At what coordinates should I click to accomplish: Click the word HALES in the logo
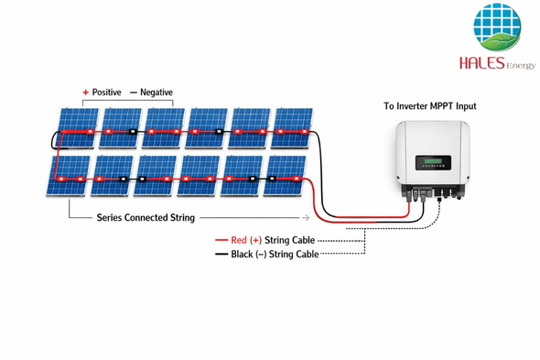481,63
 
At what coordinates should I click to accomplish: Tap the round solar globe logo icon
497,27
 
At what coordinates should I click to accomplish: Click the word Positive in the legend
107,93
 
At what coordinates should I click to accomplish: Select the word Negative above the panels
157,93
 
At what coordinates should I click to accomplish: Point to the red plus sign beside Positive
86,93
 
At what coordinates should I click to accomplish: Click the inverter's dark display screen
433,162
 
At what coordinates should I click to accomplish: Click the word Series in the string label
109,218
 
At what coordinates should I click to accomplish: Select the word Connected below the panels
146,218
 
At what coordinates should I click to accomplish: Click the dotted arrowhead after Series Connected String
306,218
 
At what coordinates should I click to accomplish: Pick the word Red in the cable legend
239,240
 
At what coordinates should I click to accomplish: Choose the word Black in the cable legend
242,254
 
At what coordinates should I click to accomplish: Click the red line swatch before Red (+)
221,240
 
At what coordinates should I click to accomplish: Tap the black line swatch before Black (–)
221,255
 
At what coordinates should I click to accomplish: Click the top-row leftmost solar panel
76,128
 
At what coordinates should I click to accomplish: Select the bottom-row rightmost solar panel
285,176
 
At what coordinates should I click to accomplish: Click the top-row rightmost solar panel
292,128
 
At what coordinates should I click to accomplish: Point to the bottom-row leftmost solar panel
69,176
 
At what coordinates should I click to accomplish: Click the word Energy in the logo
521,66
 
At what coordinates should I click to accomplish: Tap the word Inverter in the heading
412,106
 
